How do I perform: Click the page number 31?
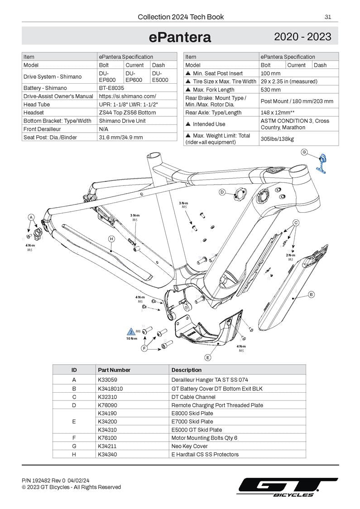pos(328,17)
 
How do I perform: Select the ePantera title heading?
pos(180,37)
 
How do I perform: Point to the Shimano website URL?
pos(127,96)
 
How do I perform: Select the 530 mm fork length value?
pos(270,90)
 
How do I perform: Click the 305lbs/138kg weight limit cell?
pos(277,139)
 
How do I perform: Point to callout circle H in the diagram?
pos(111,238)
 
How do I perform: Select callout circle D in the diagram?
pos(222,192)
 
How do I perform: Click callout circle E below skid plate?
pos(208,357)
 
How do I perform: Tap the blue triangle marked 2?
pos(132,332)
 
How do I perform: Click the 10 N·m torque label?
pos(132,338)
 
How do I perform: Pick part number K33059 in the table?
pos(107,380)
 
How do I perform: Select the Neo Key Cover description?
pos(190,446)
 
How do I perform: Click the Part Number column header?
pos(114,370)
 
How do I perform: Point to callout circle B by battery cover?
pos(312,295)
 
